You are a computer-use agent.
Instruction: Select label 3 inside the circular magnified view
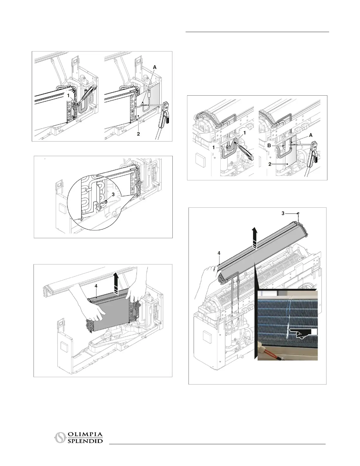coord(113,194)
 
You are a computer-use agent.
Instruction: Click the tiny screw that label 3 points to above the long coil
coord(298,213)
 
